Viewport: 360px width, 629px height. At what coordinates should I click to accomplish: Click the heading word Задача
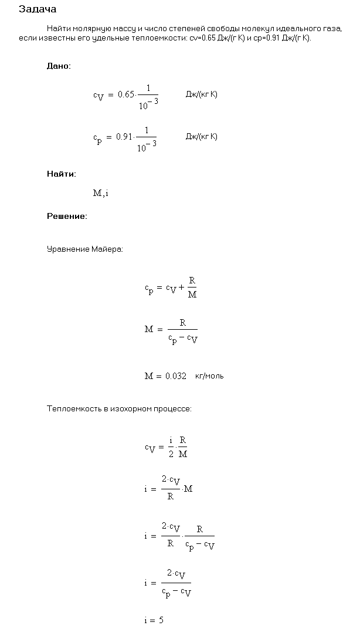(38, 9)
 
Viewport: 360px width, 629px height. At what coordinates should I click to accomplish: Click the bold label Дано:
(59, 66)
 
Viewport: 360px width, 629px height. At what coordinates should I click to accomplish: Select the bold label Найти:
(61, 174)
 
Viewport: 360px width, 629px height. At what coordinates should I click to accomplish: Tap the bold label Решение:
(67, 217)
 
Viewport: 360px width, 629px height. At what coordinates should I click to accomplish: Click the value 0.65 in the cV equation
(126, 94)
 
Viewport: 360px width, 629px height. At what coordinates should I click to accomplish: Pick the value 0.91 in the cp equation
(124, 137)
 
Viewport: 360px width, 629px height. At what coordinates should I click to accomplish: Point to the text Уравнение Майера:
(85, 249)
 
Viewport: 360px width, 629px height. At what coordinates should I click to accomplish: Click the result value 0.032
(174, 376)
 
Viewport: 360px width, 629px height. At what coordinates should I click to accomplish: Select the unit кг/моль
(210, 376)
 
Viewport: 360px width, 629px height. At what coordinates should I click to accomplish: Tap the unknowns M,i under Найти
(100, 194)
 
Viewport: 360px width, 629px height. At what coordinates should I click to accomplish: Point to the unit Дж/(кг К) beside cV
(201, 94)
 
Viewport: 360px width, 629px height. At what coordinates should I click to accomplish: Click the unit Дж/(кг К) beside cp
(201, 137)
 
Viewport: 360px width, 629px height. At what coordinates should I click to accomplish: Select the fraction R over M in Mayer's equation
(192, 288)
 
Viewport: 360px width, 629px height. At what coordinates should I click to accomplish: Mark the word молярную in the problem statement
(87, 28)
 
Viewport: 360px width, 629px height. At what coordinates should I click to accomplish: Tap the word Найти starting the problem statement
(57, 28)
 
